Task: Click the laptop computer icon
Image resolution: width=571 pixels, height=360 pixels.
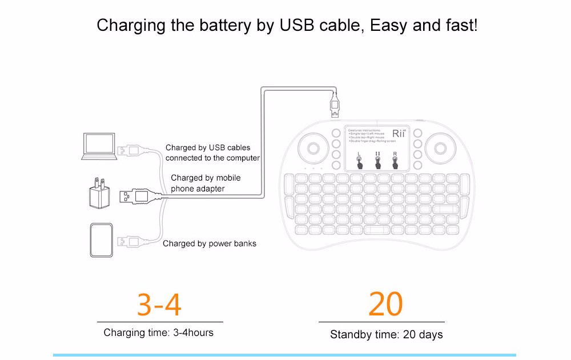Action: pos(99,146)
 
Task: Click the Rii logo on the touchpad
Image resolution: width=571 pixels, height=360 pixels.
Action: pos(399,134)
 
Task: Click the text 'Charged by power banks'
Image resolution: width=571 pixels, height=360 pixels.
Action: pos(210,243)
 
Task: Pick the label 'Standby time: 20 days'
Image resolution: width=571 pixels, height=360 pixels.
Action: pos(386,335)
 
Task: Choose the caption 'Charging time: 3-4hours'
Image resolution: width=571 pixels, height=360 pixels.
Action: pos(159,333)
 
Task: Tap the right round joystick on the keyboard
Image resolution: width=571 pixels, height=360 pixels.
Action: pos(440,148)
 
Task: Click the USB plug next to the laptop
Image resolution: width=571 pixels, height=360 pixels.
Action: pos(130,151)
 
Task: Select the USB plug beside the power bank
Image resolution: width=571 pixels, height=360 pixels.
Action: pos(130,241)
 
